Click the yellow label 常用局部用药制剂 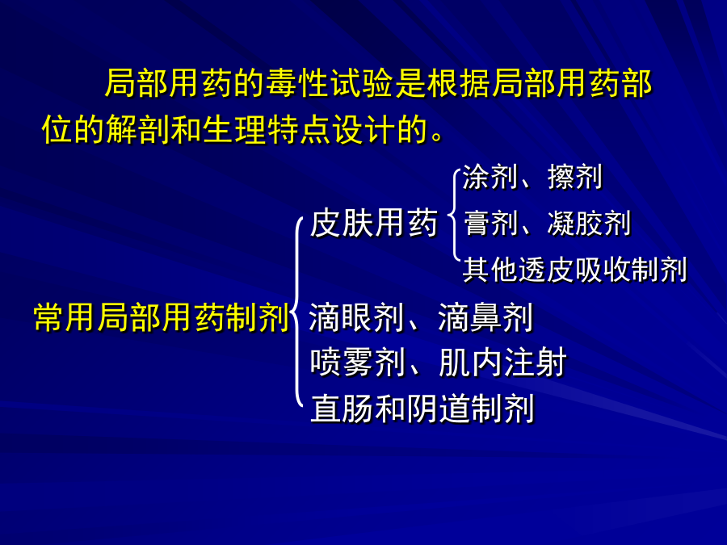click(162, 318)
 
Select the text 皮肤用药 click(374, 224)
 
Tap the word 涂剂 click(490, 177)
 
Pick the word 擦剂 click(575, 177)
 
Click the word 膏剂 click(490, 224)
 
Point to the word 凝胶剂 click(589, 224)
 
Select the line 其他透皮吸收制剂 click(575, 270)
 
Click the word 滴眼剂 click(356, 318)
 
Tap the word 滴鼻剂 click(485, 318)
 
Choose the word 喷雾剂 click(358, 363)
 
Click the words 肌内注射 click(502, 363)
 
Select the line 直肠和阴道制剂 click(422, 409)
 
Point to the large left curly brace click(296, 312)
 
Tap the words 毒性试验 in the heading click(330, 83)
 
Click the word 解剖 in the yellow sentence click(138, 129)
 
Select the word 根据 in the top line click(459, 83)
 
